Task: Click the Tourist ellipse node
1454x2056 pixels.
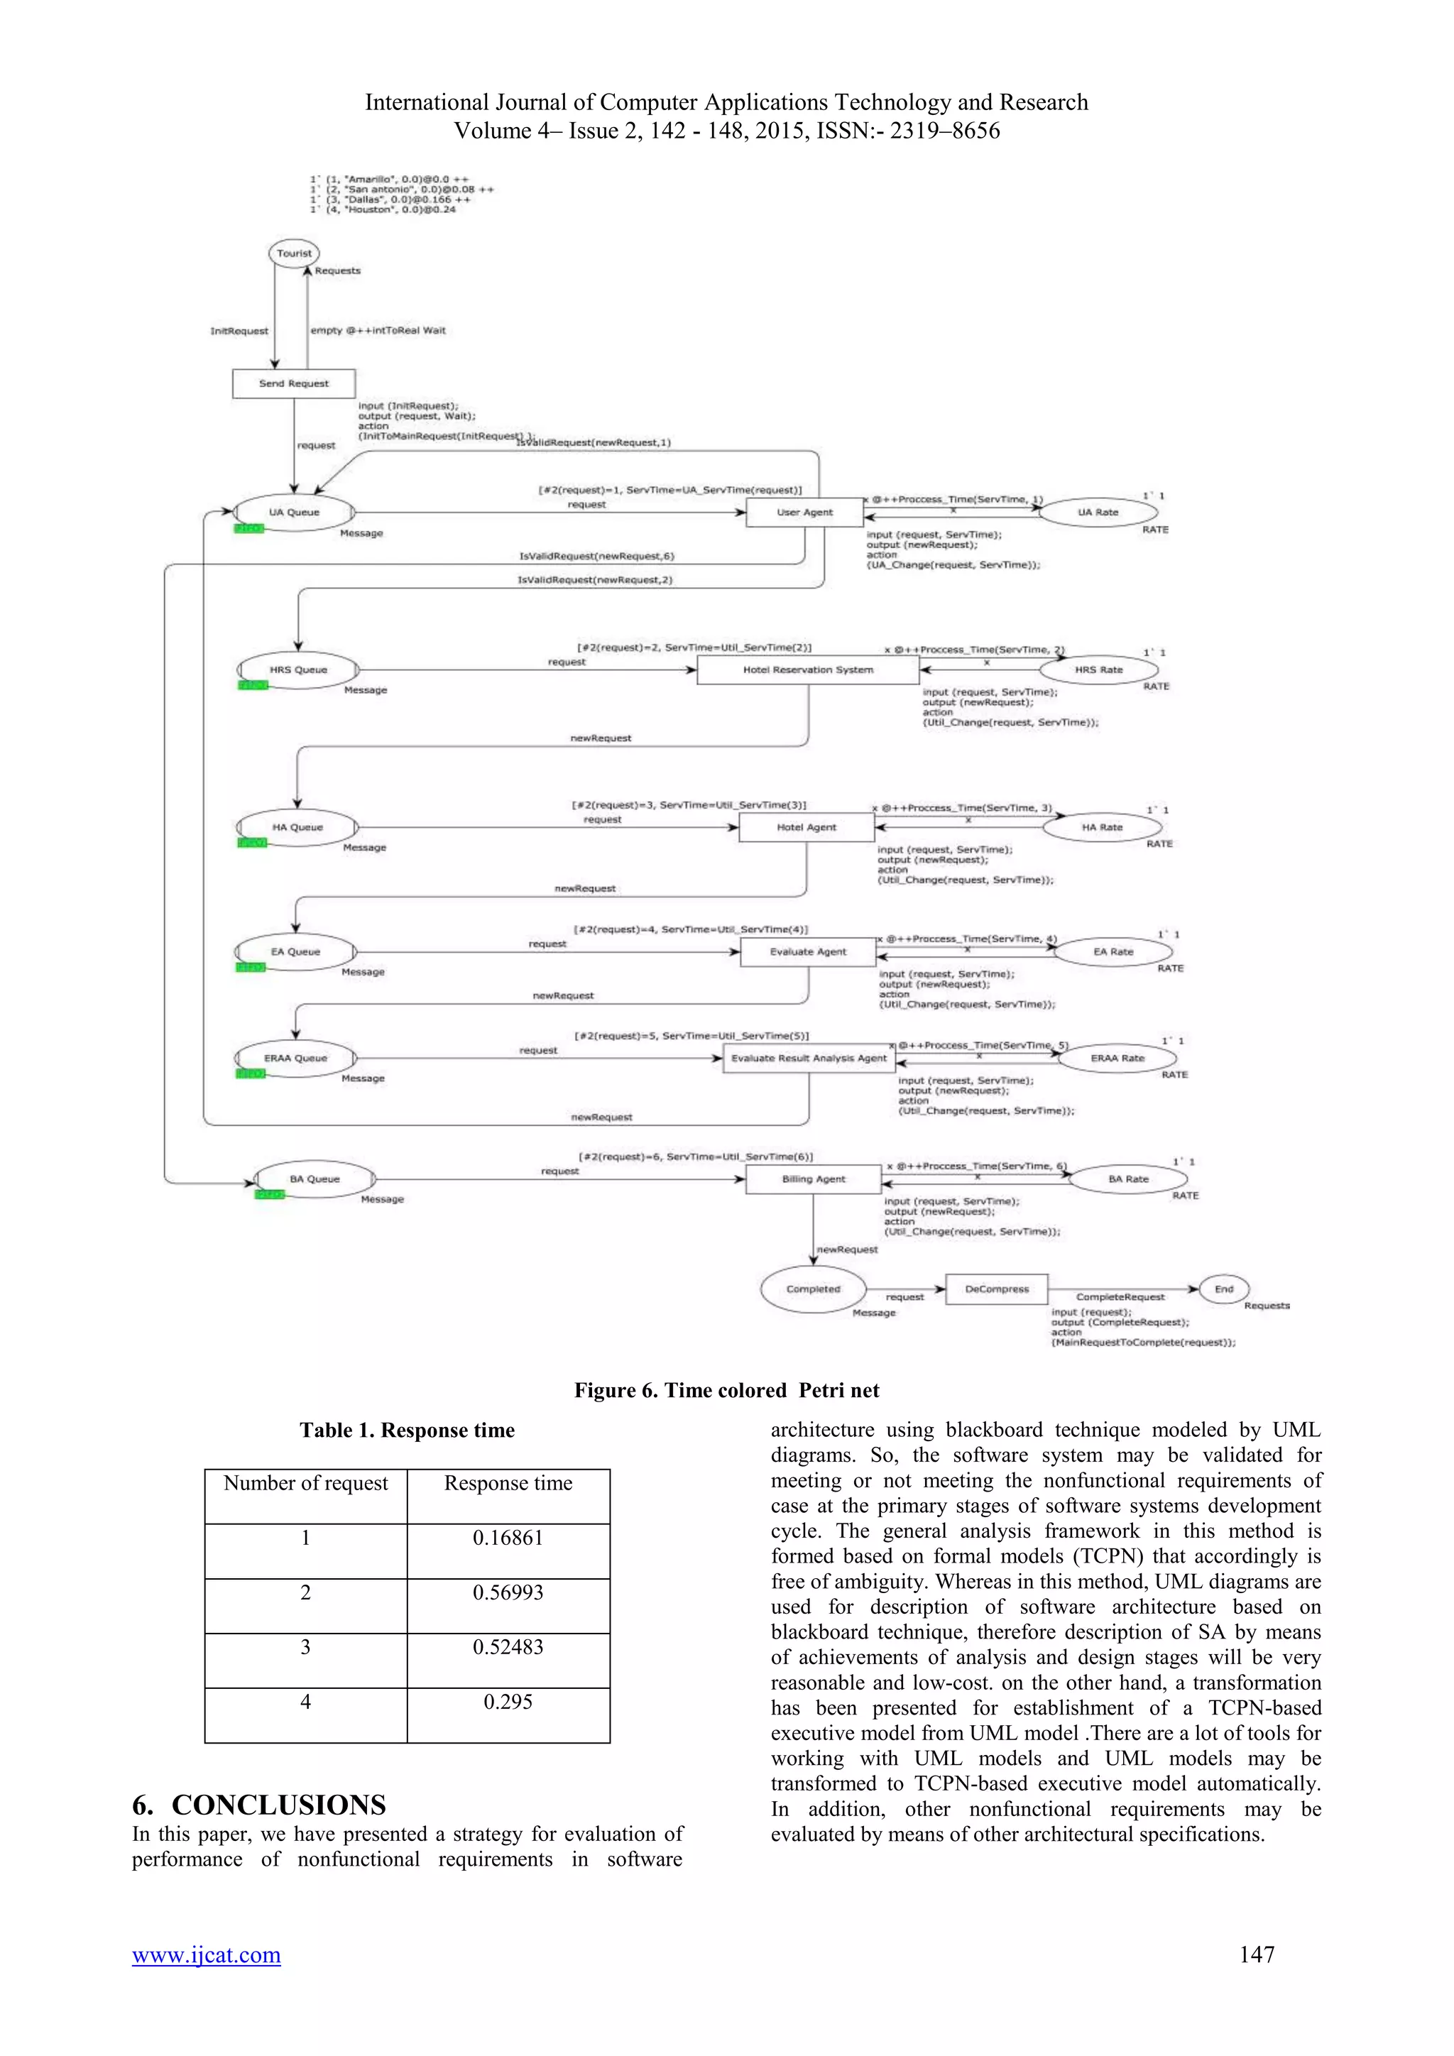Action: click(294, 253)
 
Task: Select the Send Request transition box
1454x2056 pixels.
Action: click(294, 383)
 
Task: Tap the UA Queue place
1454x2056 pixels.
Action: click(294, 512)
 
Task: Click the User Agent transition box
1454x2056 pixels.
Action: click(804, 512)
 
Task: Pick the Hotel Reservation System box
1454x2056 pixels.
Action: click(807, 669)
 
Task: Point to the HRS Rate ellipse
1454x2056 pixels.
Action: click(1098, 669)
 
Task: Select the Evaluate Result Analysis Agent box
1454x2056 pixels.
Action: click(809, 1058)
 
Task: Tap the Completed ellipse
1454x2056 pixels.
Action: click(813, 1289)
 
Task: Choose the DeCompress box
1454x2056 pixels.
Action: click(997, 1289)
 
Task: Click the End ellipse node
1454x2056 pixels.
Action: click(1224, 1289)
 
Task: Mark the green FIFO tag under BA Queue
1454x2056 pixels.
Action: click(268, 1195)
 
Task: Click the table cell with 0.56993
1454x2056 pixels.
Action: click(508, 1592)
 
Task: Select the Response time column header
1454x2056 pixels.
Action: click(508, 1483)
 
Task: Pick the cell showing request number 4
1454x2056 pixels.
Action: click(305, 1702)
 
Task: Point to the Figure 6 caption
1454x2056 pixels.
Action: click(726, 1390)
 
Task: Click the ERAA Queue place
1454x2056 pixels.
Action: click(295, 1058)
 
